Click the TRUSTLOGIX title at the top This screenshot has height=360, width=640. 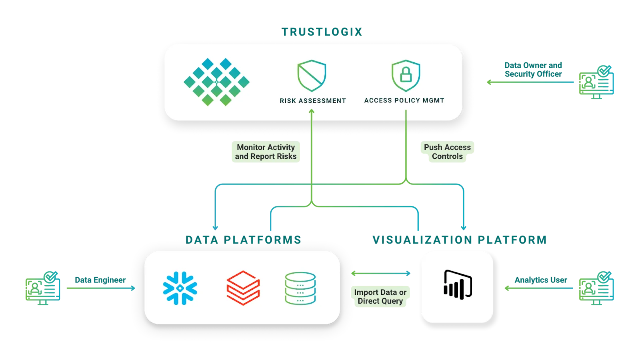coord(322,32)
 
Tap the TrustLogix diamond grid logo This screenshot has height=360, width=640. coord(216,82)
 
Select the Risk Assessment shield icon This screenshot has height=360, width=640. coord(312,76)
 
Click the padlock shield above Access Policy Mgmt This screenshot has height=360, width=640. coord(406,76)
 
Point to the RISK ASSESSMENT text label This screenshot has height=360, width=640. coord(313,101)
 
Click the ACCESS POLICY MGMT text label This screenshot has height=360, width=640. coord(404,100)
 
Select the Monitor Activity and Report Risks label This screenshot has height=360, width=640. coord(266,152)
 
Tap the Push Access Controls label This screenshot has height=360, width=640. coord(447,152)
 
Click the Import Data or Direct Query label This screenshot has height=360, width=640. coord(380,297)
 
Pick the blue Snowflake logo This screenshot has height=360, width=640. coord(180,288)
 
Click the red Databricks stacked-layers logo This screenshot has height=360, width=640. coord(243,288)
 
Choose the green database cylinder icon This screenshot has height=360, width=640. coord(300,288)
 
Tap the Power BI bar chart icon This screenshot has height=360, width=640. coord(458,285)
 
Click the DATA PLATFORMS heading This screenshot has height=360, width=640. coord(243,240)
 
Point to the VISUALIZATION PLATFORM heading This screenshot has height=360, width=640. coord(459,240)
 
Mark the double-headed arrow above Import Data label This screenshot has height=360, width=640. coord(381,274)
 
